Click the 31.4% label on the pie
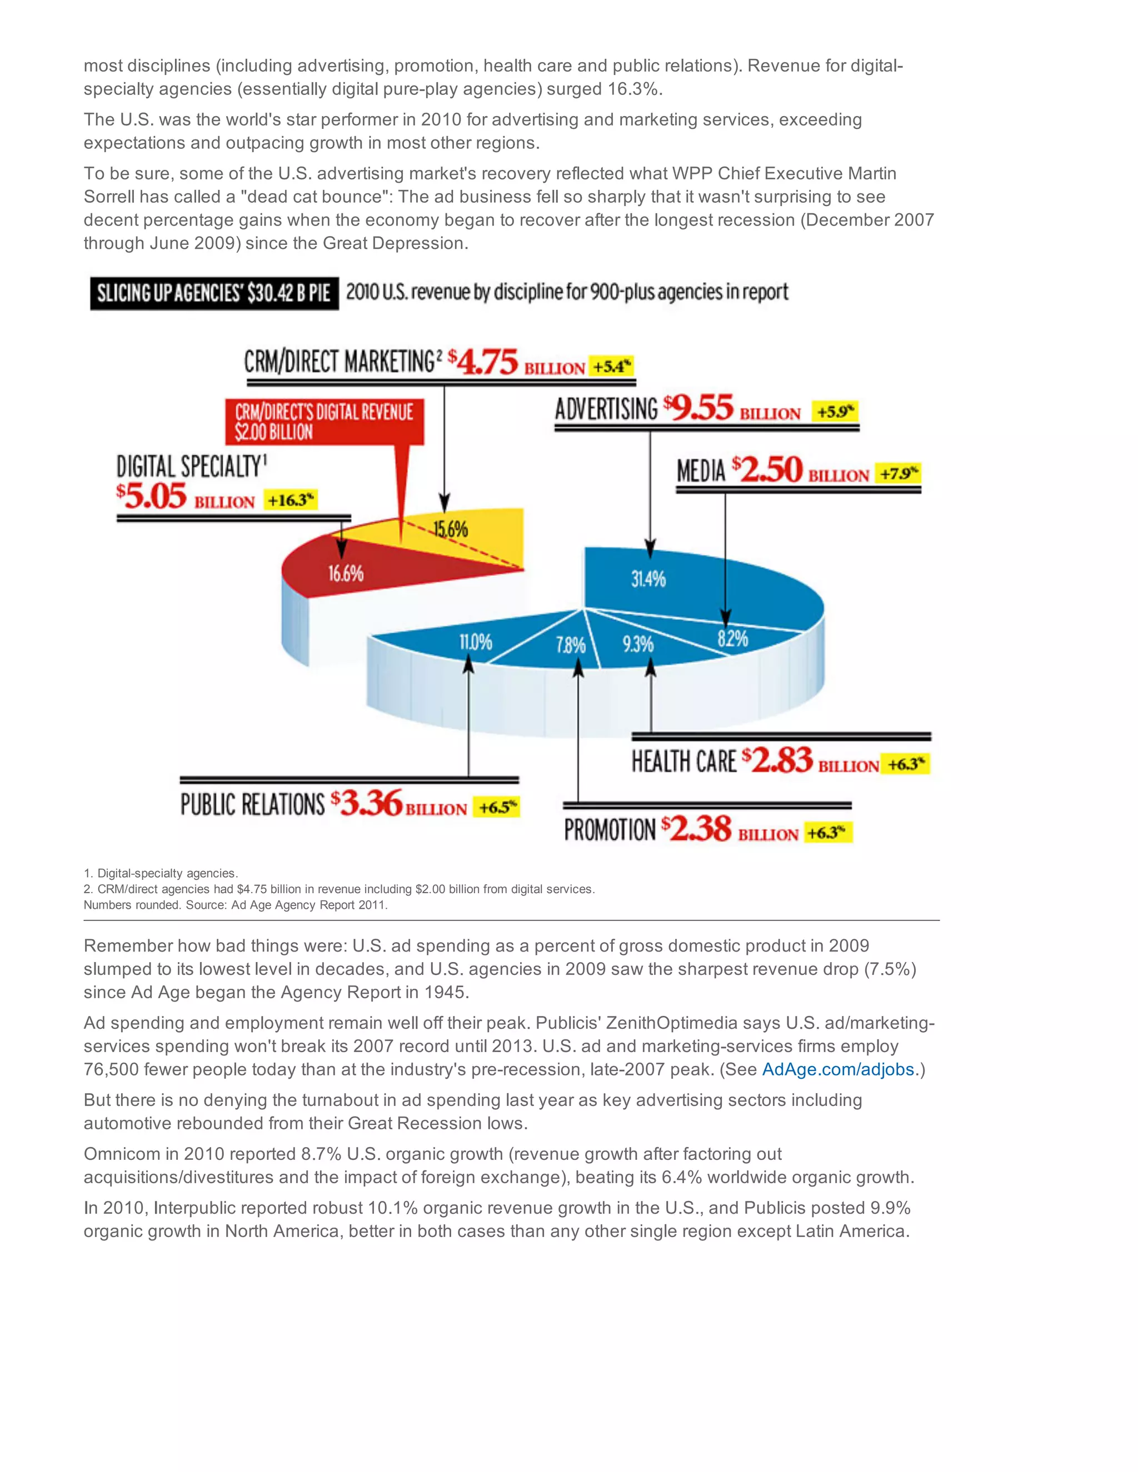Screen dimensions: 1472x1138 [x=648, y=578]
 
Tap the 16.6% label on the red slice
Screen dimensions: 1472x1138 [x=346, y=574]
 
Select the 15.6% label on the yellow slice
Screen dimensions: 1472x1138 [x=450, y=529]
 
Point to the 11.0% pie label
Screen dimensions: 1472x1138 [x=475, y=642]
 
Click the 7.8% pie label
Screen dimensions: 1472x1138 [x=570, y=645]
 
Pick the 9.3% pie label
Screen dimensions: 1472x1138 [x=638, y=644]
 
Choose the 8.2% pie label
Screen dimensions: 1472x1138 [x=733, y=638]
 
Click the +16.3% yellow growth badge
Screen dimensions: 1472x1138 [x=291, y=500]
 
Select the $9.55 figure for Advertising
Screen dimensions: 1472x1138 [x=698, y=408]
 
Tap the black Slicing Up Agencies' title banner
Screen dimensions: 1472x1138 [x=214, y=293]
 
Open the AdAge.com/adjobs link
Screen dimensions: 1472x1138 [x=838, y=1070]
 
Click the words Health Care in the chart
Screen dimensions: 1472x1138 [x=683, y=762]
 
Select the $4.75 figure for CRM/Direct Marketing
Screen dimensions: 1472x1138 [x=483, y=363]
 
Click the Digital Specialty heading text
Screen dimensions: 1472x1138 [x=192, y=467]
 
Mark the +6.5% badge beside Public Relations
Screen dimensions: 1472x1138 [x=497, y=807]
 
